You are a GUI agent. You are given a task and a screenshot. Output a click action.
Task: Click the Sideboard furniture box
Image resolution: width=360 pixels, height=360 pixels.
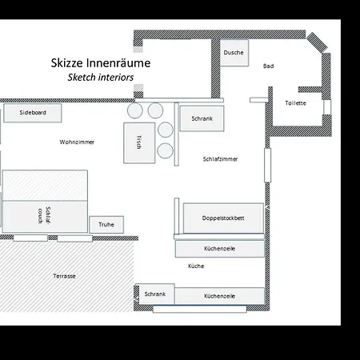33,113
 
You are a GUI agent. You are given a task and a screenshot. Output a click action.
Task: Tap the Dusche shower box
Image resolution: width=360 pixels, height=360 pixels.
234,53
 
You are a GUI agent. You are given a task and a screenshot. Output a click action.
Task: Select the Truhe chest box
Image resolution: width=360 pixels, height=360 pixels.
106,225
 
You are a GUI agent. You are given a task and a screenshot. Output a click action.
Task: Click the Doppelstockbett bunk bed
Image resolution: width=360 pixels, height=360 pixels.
223,218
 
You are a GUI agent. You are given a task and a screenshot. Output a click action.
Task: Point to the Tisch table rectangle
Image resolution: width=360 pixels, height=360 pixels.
139,143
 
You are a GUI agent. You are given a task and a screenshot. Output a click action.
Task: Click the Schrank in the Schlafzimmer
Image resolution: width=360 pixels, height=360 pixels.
202,118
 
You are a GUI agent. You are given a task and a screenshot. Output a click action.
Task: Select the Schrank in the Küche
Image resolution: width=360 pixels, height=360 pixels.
155,294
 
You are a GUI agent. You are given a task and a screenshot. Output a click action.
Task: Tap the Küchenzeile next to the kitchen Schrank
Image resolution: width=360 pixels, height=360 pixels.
220,296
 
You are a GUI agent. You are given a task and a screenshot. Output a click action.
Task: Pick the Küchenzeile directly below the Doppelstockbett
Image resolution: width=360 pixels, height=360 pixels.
220,249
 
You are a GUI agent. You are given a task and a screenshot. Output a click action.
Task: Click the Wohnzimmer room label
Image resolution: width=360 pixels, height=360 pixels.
77,142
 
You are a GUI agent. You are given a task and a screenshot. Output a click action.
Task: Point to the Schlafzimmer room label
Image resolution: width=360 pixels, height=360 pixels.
220,159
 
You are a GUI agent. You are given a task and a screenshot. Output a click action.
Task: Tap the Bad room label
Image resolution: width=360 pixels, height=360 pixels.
269,66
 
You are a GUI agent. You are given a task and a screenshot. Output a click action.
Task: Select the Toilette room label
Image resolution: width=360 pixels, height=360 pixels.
295,103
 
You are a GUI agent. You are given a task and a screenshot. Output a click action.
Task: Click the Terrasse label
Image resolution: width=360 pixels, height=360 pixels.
64,276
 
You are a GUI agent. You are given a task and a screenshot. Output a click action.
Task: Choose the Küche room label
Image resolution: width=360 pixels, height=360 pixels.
196,266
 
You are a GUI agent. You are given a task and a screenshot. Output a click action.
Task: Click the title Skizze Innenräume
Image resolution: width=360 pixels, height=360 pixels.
101,63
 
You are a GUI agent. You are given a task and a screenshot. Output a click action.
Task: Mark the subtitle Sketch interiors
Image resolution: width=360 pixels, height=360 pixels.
101,78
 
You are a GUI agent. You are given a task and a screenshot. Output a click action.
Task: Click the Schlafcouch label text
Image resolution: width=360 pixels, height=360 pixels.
44,215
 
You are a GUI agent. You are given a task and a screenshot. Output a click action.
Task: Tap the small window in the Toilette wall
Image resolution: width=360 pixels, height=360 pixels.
327,107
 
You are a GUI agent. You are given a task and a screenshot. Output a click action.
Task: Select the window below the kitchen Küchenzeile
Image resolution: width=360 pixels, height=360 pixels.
200,309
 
